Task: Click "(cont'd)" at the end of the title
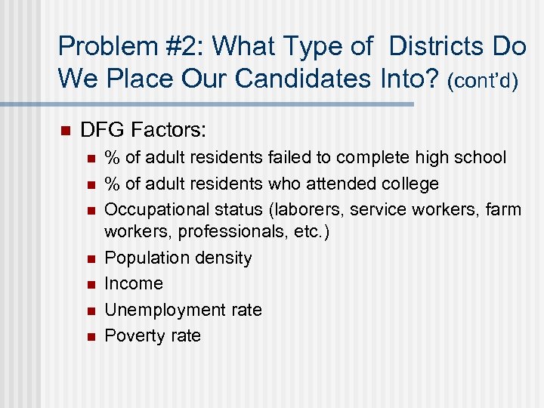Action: pos(482,80)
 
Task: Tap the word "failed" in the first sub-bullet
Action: pos(289,157)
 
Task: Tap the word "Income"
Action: pos(134,283)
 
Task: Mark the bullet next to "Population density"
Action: pos(90,258)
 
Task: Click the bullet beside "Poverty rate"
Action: pos(90,336)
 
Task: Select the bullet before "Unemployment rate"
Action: pos(90,311)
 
